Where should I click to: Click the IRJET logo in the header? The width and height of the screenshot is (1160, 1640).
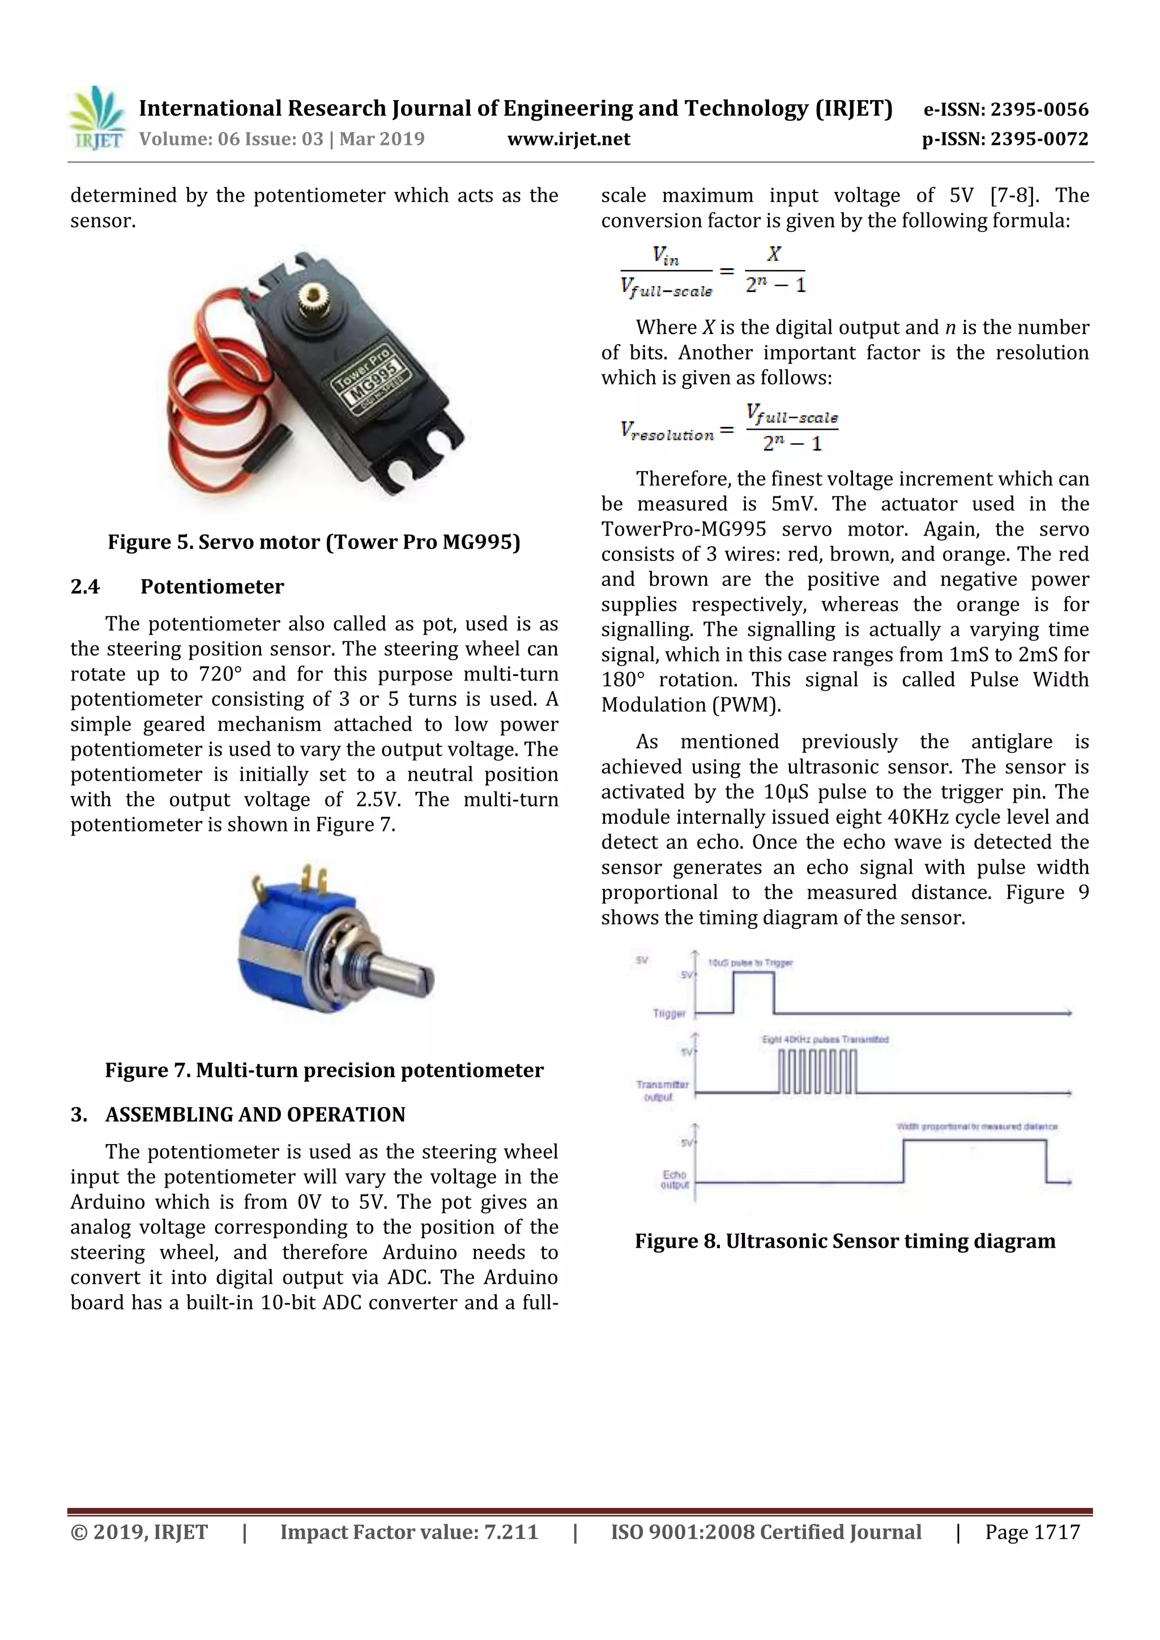(x=96, y=118)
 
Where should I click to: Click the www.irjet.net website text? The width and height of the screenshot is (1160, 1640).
(x=568, y=139)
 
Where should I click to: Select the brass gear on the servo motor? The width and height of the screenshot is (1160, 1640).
(x=312, y=295)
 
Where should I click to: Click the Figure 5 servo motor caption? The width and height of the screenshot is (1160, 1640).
(x=314, y=542)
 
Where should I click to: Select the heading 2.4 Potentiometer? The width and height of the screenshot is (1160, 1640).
(x=177, y=586)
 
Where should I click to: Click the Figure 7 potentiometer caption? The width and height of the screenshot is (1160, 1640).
(x=324, y=1070)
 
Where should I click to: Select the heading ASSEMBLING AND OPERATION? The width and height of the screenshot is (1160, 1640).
(x=254, y=1114)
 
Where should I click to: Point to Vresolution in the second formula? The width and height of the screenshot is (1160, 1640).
(x=667, y=432)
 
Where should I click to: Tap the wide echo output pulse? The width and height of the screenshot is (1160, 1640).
(x=974, y=1160)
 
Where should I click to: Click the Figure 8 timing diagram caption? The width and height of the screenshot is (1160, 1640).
(x=845, y=1241)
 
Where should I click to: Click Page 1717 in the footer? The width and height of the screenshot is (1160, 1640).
(x=1032, y=1532)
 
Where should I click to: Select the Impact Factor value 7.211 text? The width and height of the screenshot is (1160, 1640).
(x=409, y=1532)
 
